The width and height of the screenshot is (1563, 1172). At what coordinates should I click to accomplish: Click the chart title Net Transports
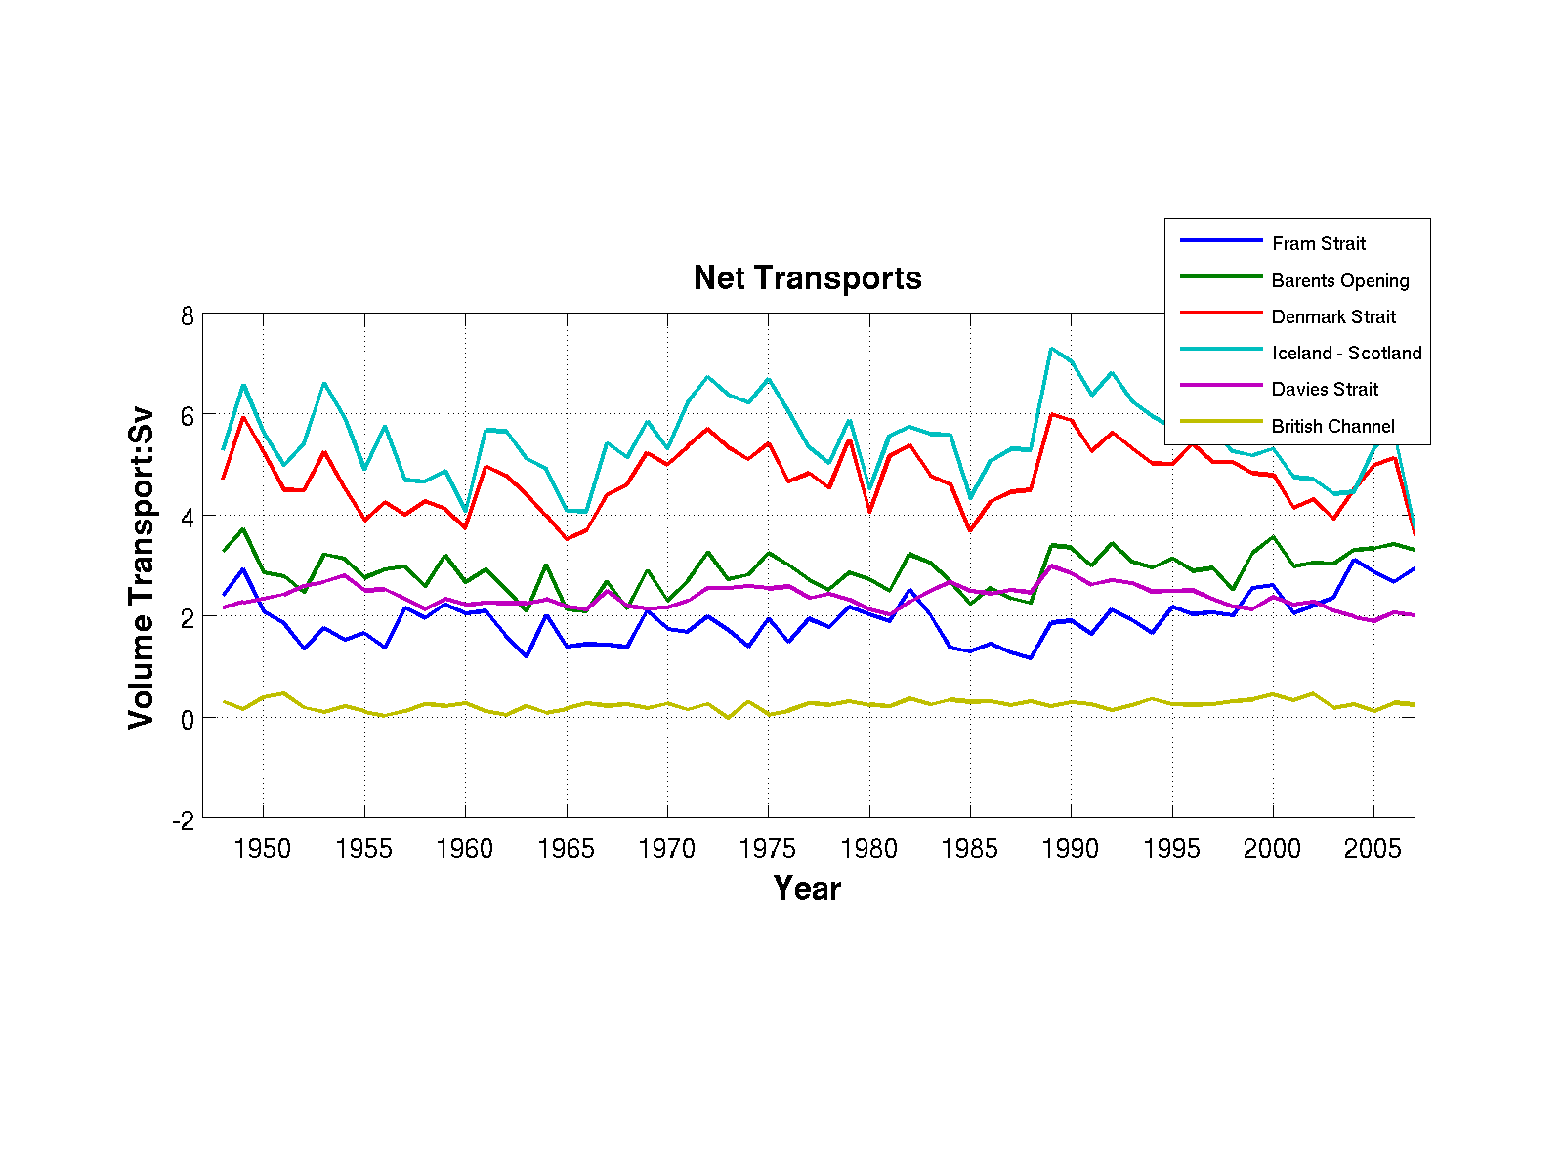click(807, 278)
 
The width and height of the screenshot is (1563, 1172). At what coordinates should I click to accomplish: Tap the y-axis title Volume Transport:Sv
click(142, 566)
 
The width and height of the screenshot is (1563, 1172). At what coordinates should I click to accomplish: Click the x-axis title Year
click(807, 888)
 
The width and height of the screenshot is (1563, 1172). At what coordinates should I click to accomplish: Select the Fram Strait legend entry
click(1318, 243)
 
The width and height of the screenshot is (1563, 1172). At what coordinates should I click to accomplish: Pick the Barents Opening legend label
click(1339, 280)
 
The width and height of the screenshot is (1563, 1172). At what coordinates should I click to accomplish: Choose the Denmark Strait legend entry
click(1333, 316)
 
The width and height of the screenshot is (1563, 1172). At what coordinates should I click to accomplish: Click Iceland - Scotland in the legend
click(1346, 353)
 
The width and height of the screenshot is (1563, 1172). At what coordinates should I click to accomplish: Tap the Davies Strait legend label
click(1324, 389)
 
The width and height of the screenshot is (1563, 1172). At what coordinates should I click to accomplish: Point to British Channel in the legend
click(1332, 426)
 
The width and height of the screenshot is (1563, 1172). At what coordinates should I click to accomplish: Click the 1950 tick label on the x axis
click(263, 848)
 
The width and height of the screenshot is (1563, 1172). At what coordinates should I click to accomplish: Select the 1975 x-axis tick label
click(768, 848)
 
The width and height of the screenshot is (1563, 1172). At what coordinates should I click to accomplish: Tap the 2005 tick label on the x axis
click(1373, 848)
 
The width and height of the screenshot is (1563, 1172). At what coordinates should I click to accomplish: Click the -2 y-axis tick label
click(183, 821)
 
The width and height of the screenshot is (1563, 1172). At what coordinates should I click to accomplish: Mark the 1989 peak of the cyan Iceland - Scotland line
click(1051, 349)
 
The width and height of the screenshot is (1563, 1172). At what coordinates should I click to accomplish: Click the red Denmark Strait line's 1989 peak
click(1051, 414)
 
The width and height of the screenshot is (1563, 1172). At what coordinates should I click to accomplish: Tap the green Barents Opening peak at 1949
click(243, 529)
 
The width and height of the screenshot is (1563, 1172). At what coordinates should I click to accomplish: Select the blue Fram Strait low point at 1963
click(526, 656)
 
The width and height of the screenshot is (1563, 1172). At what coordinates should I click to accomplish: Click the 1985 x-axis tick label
click(970, 848)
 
